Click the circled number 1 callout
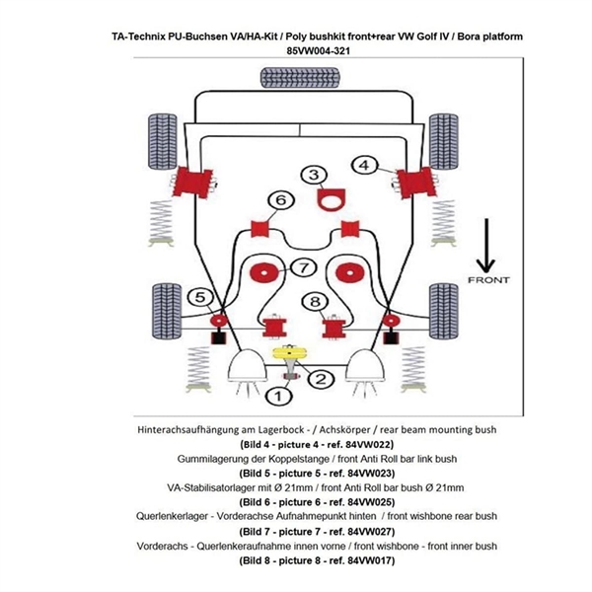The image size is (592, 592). click(x=278, y=396)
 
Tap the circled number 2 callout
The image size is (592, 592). click(x=321, y=378)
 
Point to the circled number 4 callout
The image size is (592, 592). click(x=366, y=165)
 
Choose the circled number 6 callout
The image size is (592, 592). click(x=281, y=201)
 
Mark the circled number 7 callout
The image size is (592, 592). click(x=302, y=267)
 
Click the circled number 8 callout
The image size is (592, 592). click(x=315, y=302)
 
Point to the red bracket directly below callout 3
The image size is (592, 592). click(x=324, y=202)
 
